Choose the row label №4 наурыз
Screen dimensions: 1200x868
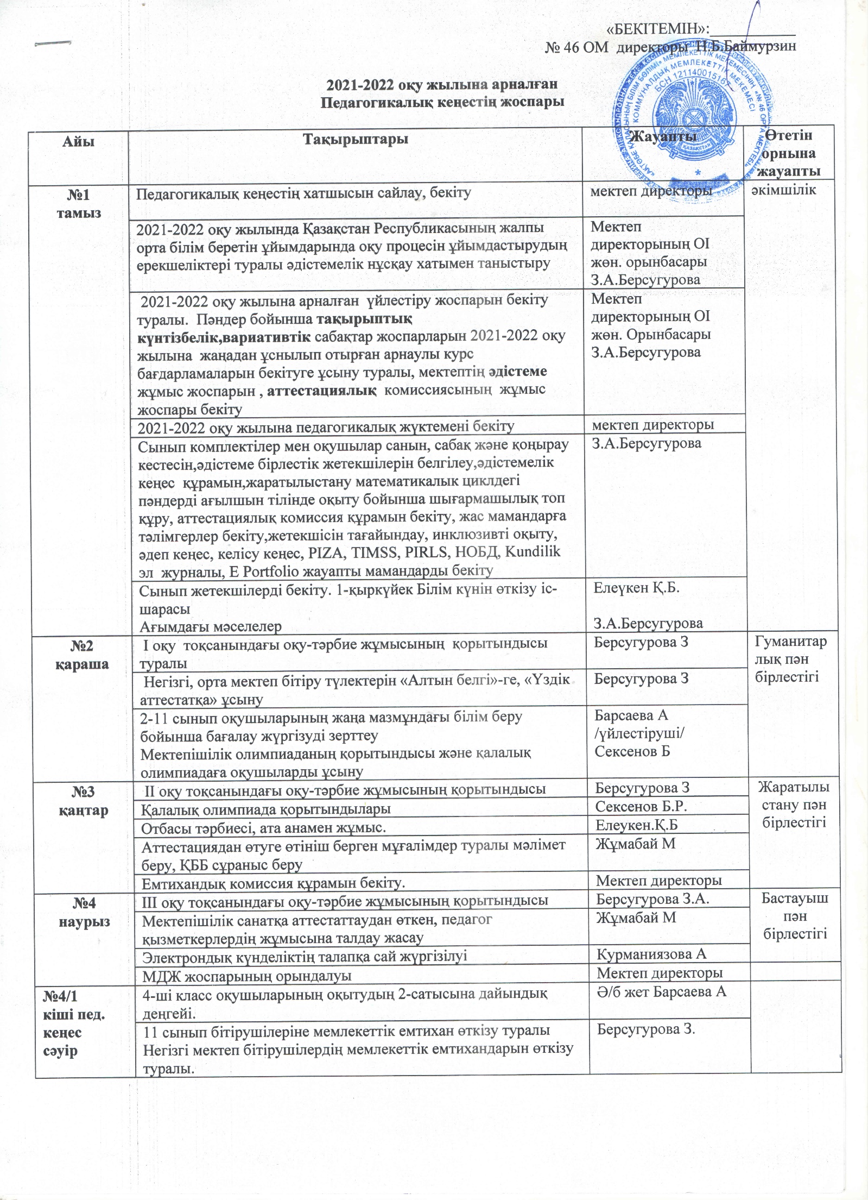[84, 914]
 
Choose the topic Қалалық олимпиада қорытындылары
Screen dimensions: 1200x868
[266, 809]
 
